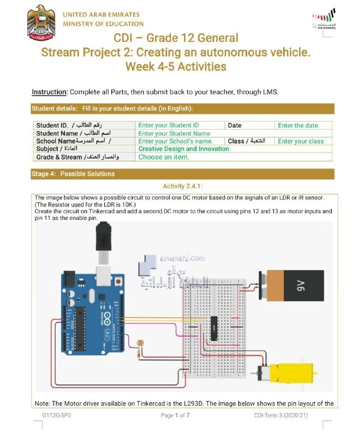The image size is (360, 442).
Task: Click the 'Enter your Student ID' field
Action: coord(169,125)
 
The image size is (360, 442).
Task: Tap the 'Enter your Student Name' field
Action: coord(174,133)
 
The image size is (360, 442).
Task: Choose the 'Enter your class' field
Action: coord(301,141)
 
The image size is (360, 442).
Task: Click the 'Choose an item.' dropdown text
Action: coord(164,157)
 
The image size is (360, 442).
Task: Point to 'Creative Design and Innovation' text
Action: coord(184,149)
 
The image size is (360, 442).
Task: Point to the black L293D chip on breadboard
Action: coord(213,329)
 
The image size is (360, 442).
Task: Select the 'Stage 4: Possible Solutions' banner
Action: coord(74,173)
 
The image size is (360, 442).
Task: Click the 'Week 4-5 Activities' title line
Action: coord(176,67)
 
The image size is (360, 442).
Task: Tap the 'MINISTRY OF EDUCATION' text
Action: coord(103,24)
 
